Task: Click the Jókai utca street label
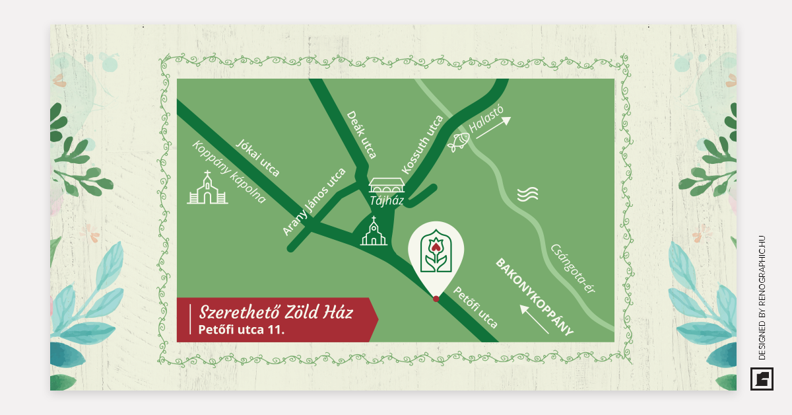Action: (x=258, y=159)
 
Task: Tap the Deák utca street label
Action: (x=362, y=135)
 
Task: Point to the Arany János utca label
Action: (x=314, y=202)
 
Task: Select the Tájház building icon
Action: (x=386, y=185)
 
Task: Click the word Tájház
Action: (x=386, y=200)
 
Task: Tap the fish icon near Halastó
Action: (x=459, y=140)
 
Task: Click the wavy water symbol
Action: (x=527, y=194)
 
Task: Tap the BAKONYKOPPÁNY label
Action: (x=534, y=297)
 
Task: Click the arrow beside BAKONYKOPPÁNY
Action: (x=534, y=319)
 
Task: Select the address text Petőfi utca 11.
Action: (x=241, y=329)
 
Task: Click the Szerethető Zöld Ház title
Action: (x=276, y=312)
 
